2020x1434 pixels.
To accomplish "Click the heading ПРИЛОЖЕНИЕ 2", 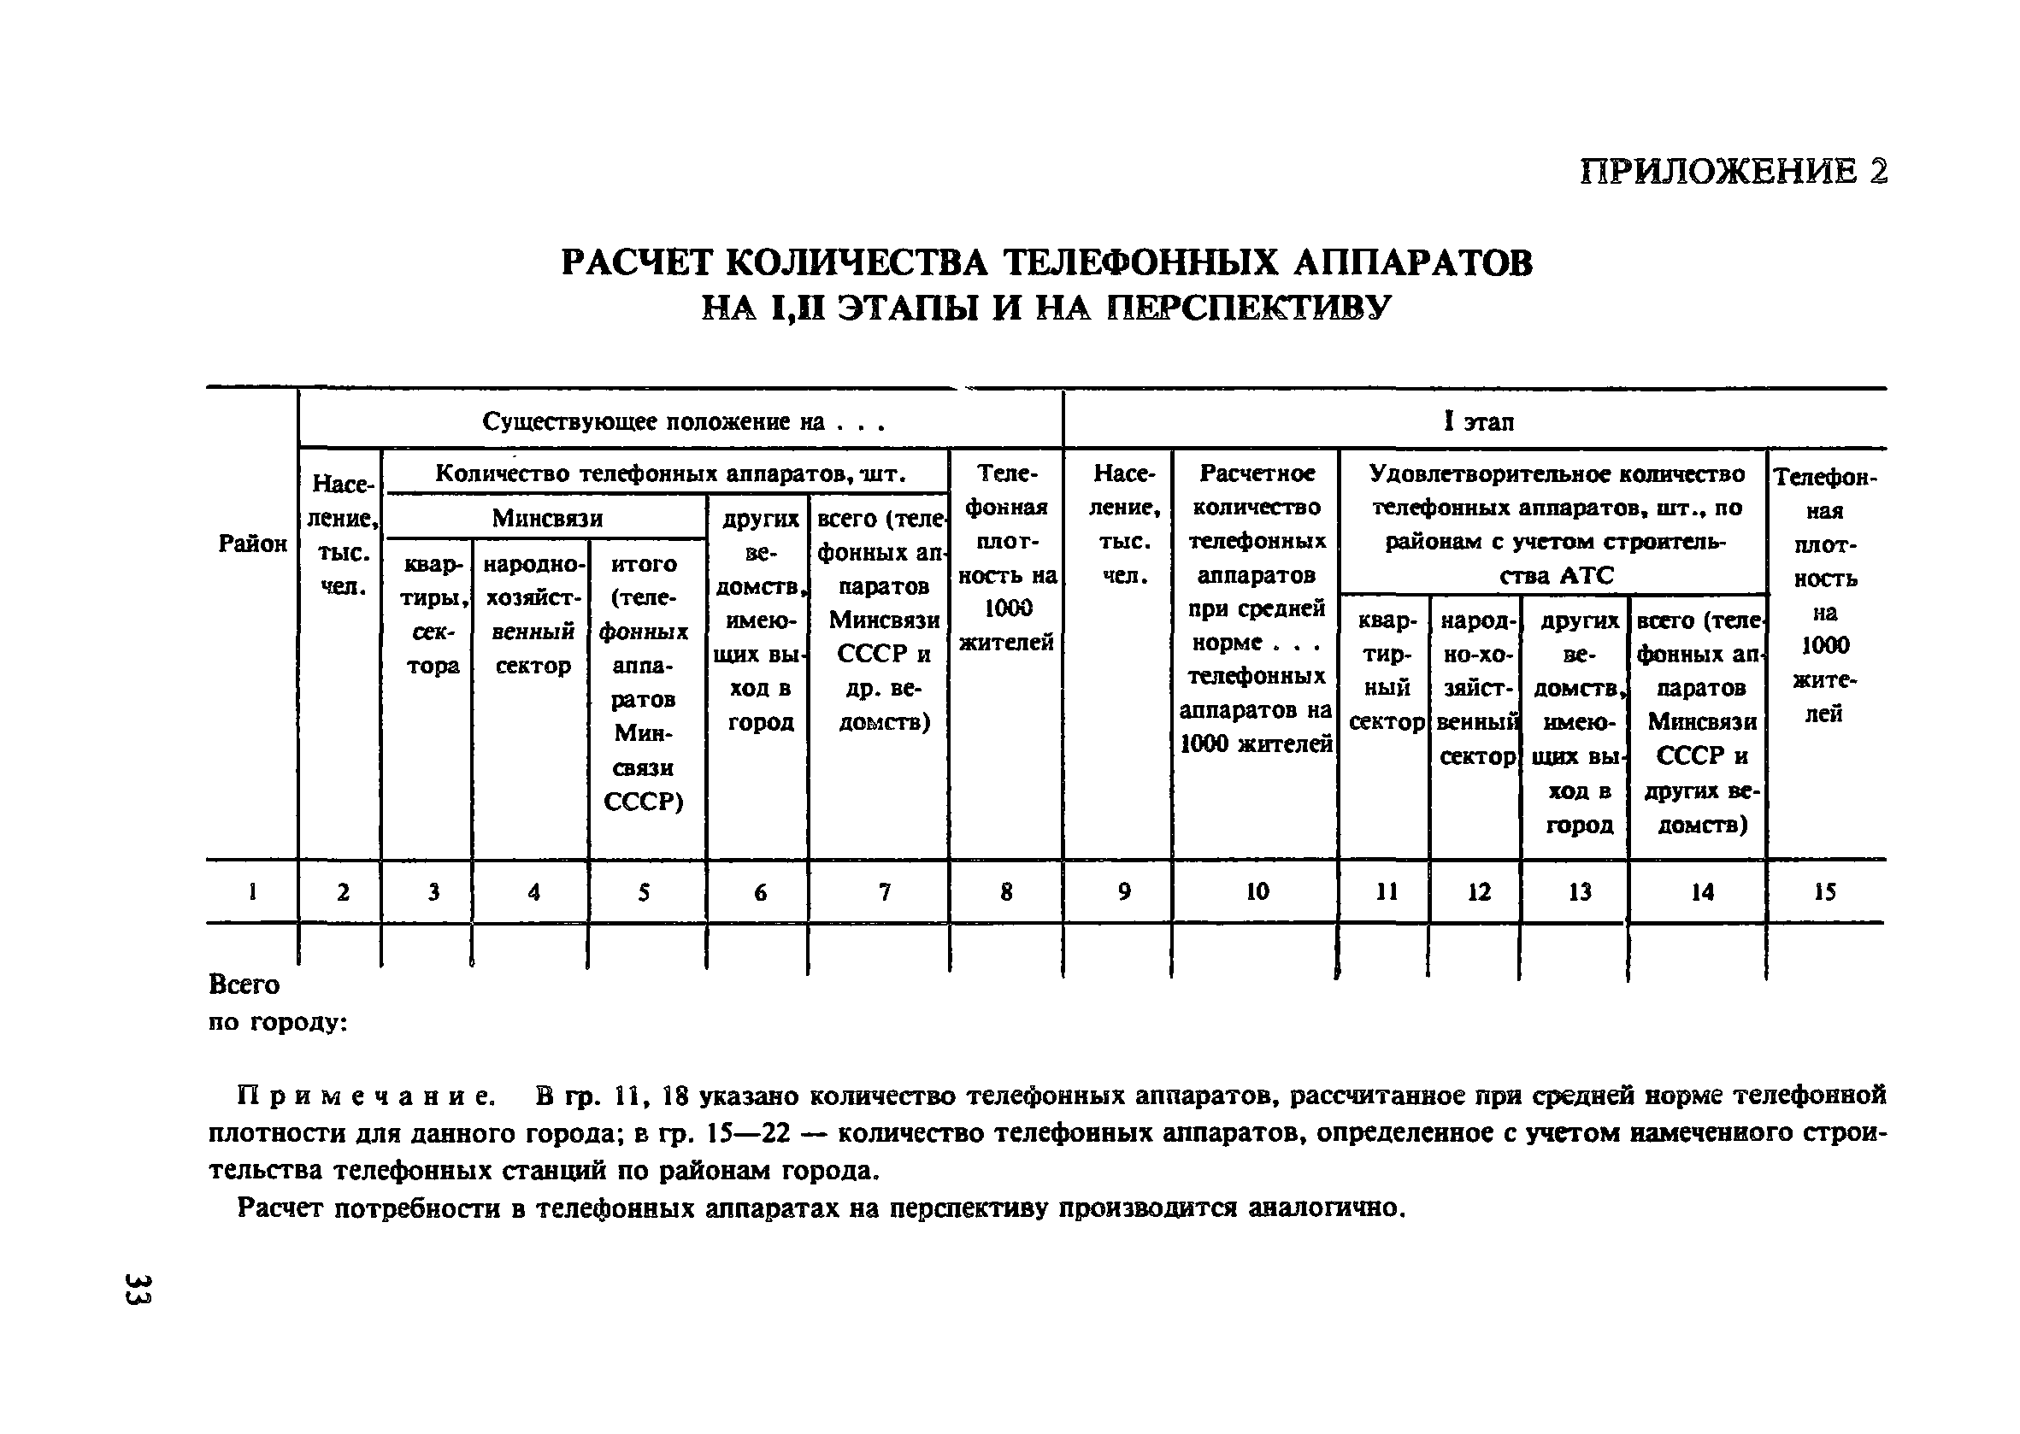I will point(1733,170).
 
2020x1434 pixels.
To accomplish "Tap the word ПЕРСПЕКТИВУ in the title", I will point(1248,308).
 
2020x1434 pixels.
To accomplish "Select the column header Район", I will point(253,543).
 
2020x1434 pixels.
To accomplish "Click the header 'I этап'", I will point(1478,422).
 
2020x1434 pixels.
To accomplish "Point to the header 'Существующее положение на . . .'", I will point(683,422).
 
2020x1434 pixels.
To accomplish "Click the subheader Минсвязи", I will point(547,517).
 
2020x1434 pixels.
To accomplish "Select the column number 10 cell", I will point(1256,892).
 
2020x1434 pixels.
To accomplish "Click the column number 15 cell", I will point(1824,892).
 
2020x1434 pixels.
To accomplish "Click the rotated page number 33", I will point(139,1289).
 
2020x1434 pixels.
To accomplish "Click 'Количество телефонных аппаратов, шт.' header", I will point(670,474).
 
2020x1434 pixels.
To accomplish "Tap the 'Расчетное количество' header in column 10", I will point(1256,490).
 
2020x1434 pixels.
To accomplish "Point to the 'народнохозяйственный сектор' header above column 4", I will point(533,614).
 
